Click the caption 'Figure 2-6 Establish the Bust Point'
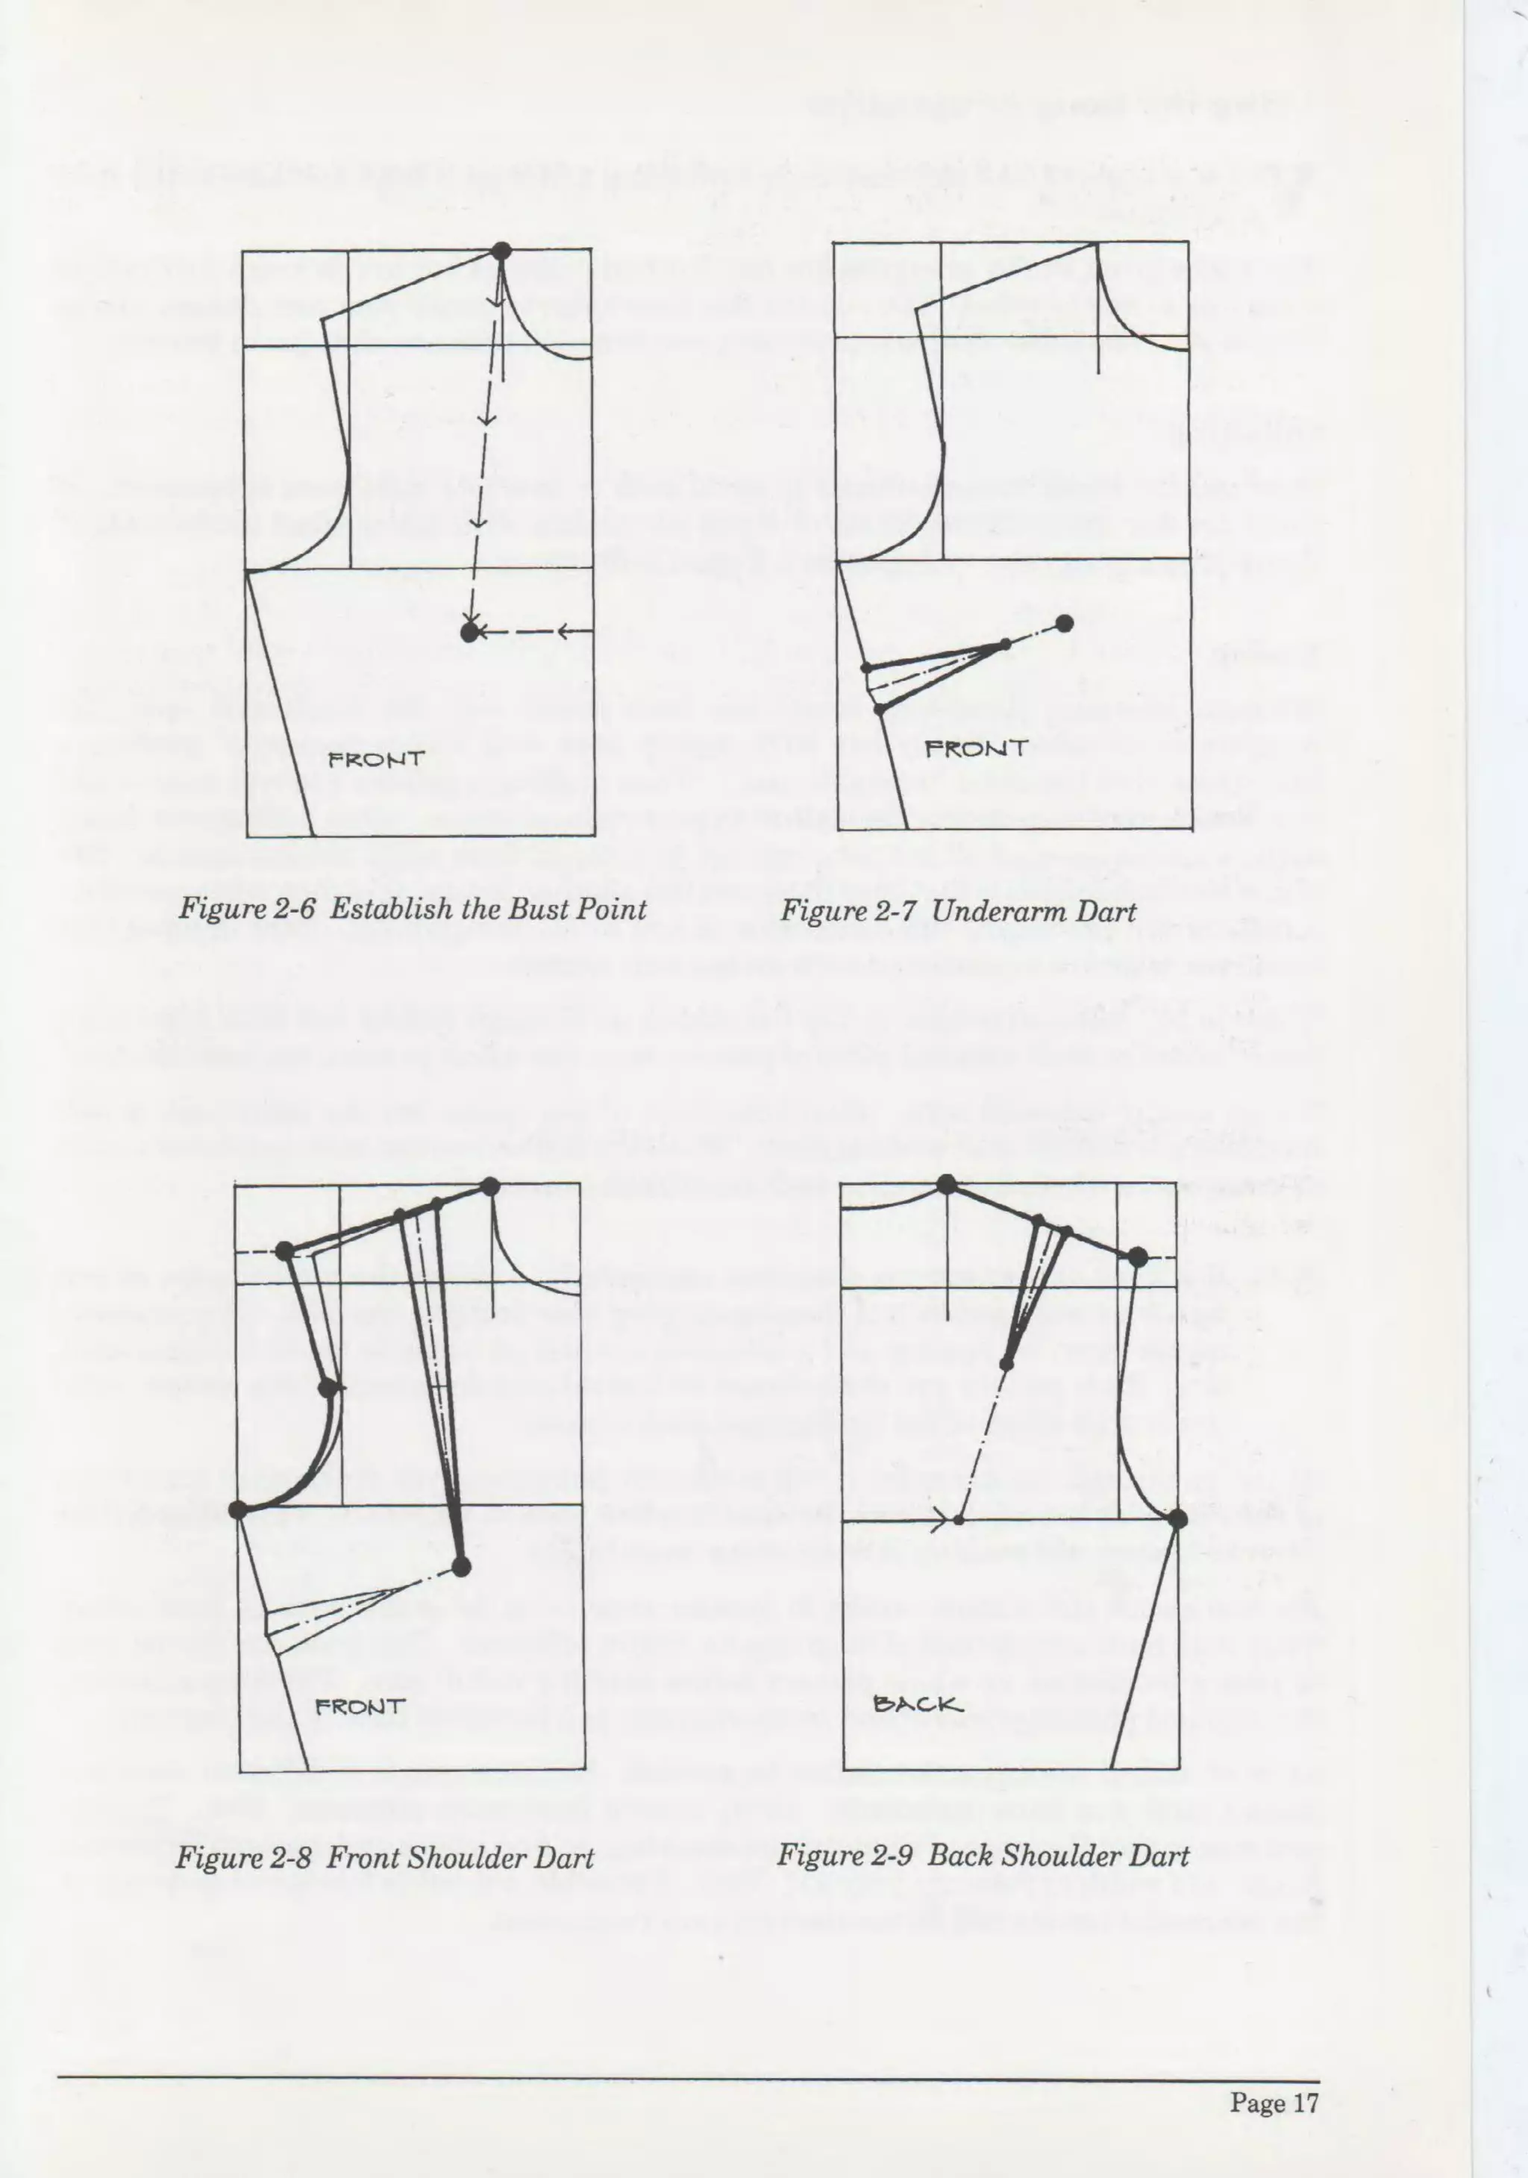coord(413,910)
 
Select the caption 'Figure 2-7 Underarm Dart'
coord(958,912)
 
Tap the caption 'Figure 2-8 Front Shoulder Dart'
coord(385,1857)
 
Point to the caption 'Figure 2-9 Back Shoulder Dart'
coord(983,1856)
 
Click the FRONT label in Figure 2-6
coord(375,759)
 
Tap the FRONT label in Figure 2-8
coord(360,1706)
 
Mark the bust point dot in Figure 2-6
coord(469,633)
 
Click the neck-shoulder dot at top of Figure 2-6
coord(501,251)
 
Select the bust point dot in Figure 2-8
coord(461,1567)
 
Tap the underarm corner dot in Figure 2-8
coord(239,1509)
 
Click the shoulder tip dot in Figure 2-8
coord(284,1251)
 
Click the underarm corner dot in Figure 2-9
coord(1178,1518)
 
